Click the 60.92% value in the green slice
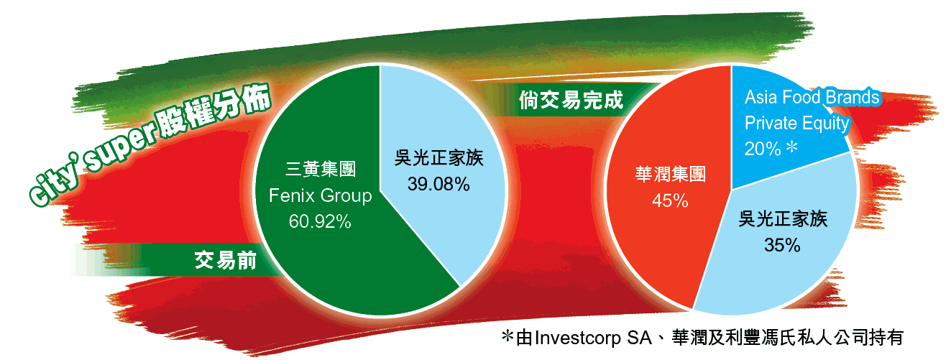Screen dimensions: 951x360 (320, 221)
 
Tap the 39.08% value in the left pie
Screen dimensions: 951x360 (438, 184)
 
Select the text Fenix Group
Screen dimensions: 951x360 (320, 195)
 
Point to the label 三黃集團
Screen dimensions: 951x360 (321, 169)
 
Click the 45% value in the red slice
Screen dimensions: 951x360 (670, 200)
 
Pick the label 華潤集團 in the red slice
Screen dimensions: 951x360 (671, 174)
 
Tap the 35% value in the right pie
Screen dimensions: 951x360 (782, 245)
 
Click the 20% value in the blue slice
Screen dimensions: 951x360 (763, 149)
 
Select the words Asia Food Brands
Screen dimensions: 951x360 (812, 97)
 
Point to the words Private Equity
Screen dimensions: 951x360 (797, 123)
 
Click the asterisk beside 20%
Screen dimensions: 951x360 (791, 147)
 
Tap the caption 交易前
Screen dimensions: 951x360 (226, 260)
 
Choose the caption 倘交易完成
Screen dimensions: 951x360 (571, 100)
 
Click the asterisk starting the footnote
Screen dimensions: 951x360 (507, 336)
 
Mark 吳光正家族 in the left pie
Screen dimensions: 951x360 (439, 157)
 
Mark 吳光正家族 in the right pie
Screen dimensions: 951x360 (783, 218)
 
